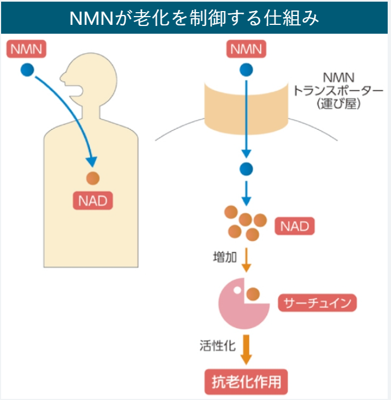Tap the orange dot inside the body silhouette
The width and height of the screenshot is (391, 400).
pos(92,178)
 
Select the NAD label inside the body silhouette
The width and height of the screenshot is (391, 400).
pos(93,201)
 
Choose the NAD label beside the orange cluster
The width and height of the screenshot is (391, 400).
pos(294,225)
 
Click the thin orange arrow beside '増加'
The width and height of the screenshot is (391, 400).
pos(246,260)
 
